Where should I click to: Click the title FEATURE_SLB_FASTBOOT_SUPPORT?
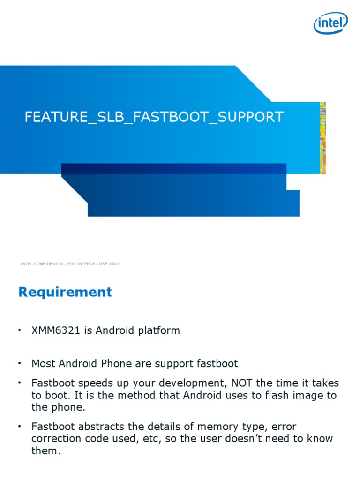tap(154, 117)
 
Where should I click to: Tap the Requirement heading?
tap(65, 292)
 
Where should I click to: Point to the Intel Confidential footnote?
tap(70, 264)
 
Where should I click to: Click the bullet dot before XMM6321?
tap(20, 330)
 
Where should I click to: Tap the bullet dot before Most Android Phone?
tap(20, 363)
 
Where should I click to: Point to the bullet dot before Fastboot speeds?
tap(20, 383)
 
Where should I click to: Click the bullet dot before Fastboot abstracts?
tap(20, 427)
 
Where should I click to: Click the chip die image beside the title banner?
tap(323, 138)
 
